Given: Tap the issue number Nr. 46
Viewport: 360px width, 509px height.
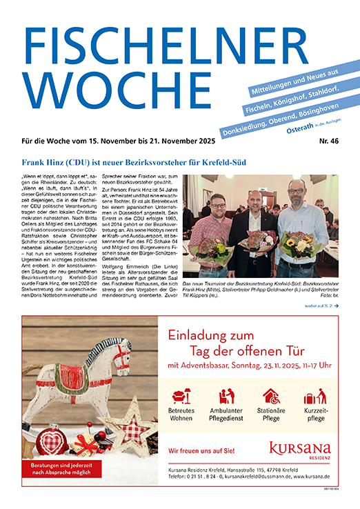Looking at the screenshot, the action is coord(327,140).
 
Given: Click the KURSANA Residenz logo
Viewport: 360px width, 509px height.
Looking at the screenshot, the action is coord(299,452).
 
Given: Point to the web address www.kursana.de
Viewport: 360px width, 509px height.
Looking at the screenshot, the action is coord(312,477).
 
